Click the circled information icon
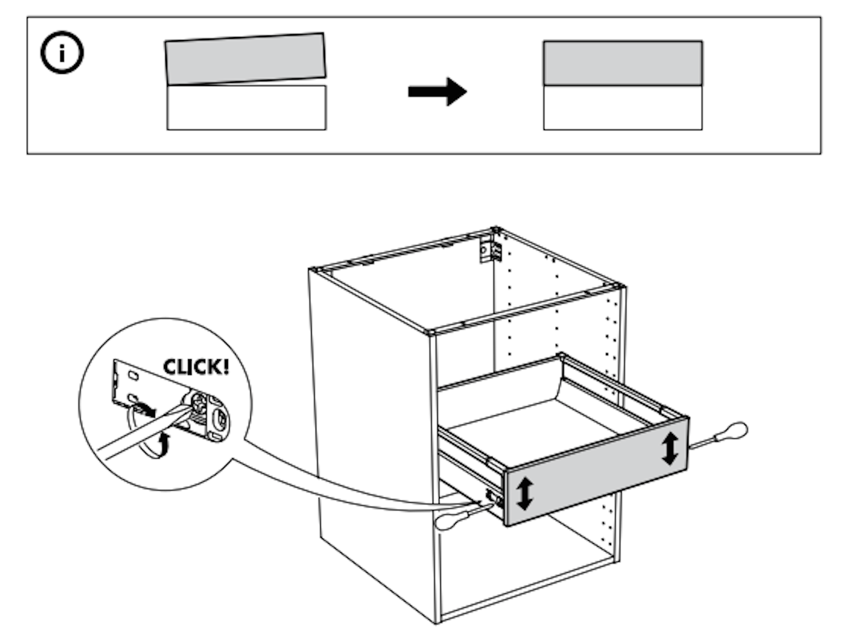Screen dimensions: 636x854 pos(62,53)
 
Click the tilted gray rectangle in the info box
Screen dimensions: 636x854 pos(245,59)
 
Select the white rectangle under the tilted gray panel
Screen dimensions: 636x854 pos(246,108)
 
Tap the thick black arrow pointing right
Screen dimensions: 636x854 pos(437,91)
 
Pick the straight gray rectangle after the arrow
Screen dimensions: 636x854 pos(622,63)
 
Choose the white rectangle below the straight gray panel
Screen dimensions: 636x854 pos(622,108)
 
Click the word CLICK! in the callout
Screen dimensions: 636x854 pos(196,367)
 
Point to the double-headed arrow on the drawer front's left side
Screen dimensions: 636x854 pos(524,493)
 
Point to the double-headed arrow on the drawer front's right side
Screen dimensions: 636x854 pos(669,448)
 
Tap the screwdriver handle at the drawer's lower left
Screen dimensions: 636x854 pos(448,521)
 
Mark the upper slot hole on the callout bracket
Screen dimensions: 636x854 pos(133,376)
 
